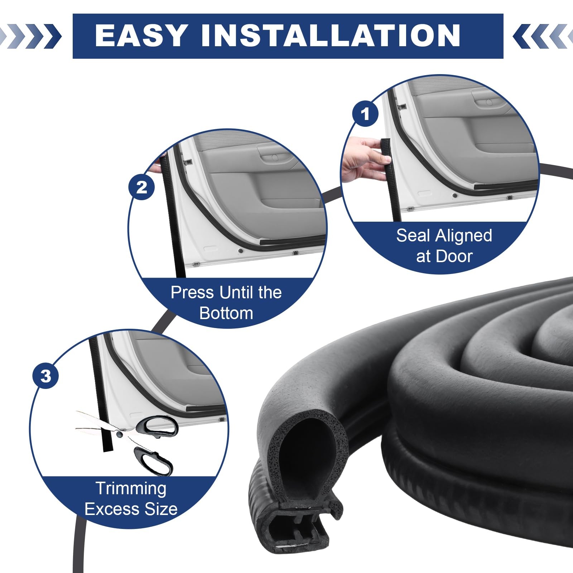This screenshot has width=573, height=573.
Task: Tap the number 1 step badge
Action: [365, 114]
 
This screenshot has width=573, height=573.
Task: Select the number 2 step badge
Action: [142, 187]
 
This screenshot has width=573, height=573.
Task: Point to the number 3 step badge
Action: [45, 376]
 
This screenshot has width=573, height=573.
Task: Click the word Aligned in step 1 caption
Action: [463, 236]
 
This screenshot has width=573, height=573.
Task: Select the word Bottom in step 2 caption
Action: [226, 313]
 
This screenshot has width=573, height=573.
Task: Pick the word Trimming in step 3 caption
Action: [131, 488]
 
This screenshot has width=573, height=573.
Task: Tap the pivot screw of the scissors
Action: [119, 434]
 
